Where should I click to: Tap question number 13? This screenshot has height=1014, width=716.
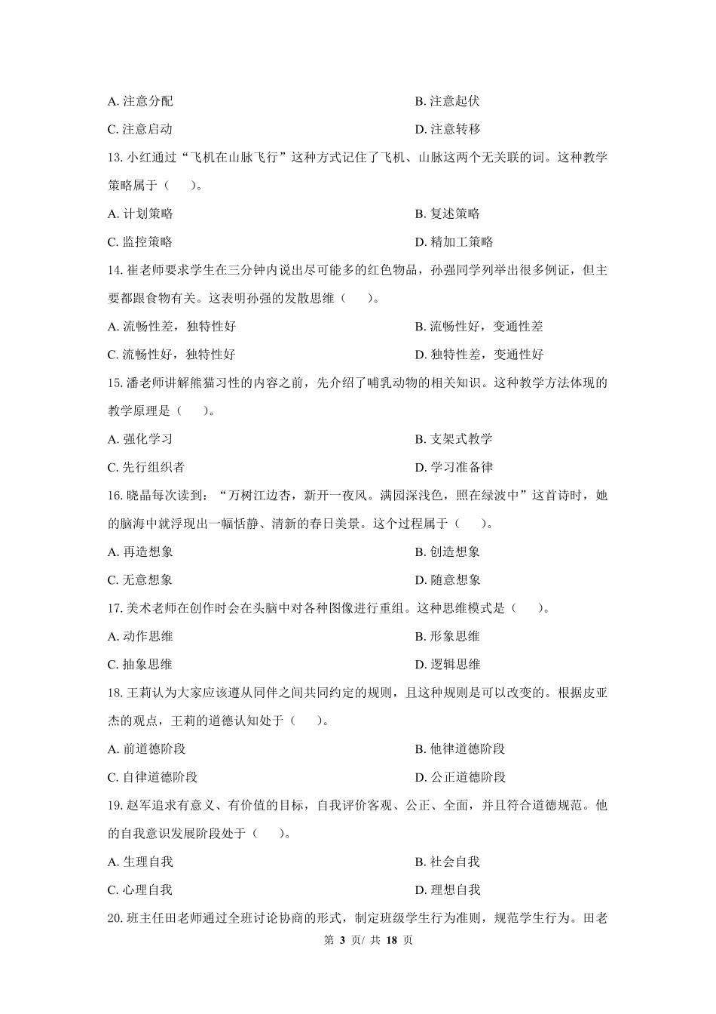(115, 158)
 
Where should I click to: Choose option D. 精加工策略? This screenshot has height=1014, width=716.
(454, 242)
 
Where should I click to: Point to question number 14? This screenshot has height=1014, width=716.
(115, 270)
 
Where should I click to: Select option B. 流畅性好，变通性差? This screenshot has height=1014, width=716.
(479, 327)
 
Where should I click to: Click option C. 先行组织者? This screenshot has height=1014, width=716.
(146, 467)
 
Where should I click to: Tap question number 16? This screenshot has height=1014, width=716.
(115, 496)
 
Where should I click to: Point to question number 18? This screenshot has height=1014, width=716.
(115, 693)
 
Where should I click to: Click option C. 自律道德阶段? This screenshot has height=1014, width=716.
(152, 777)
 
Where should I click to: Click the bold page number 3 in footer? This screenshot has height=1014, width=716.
(341, 940)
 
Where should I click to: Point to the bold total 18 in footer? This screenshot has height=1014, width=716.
(391, 940)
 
